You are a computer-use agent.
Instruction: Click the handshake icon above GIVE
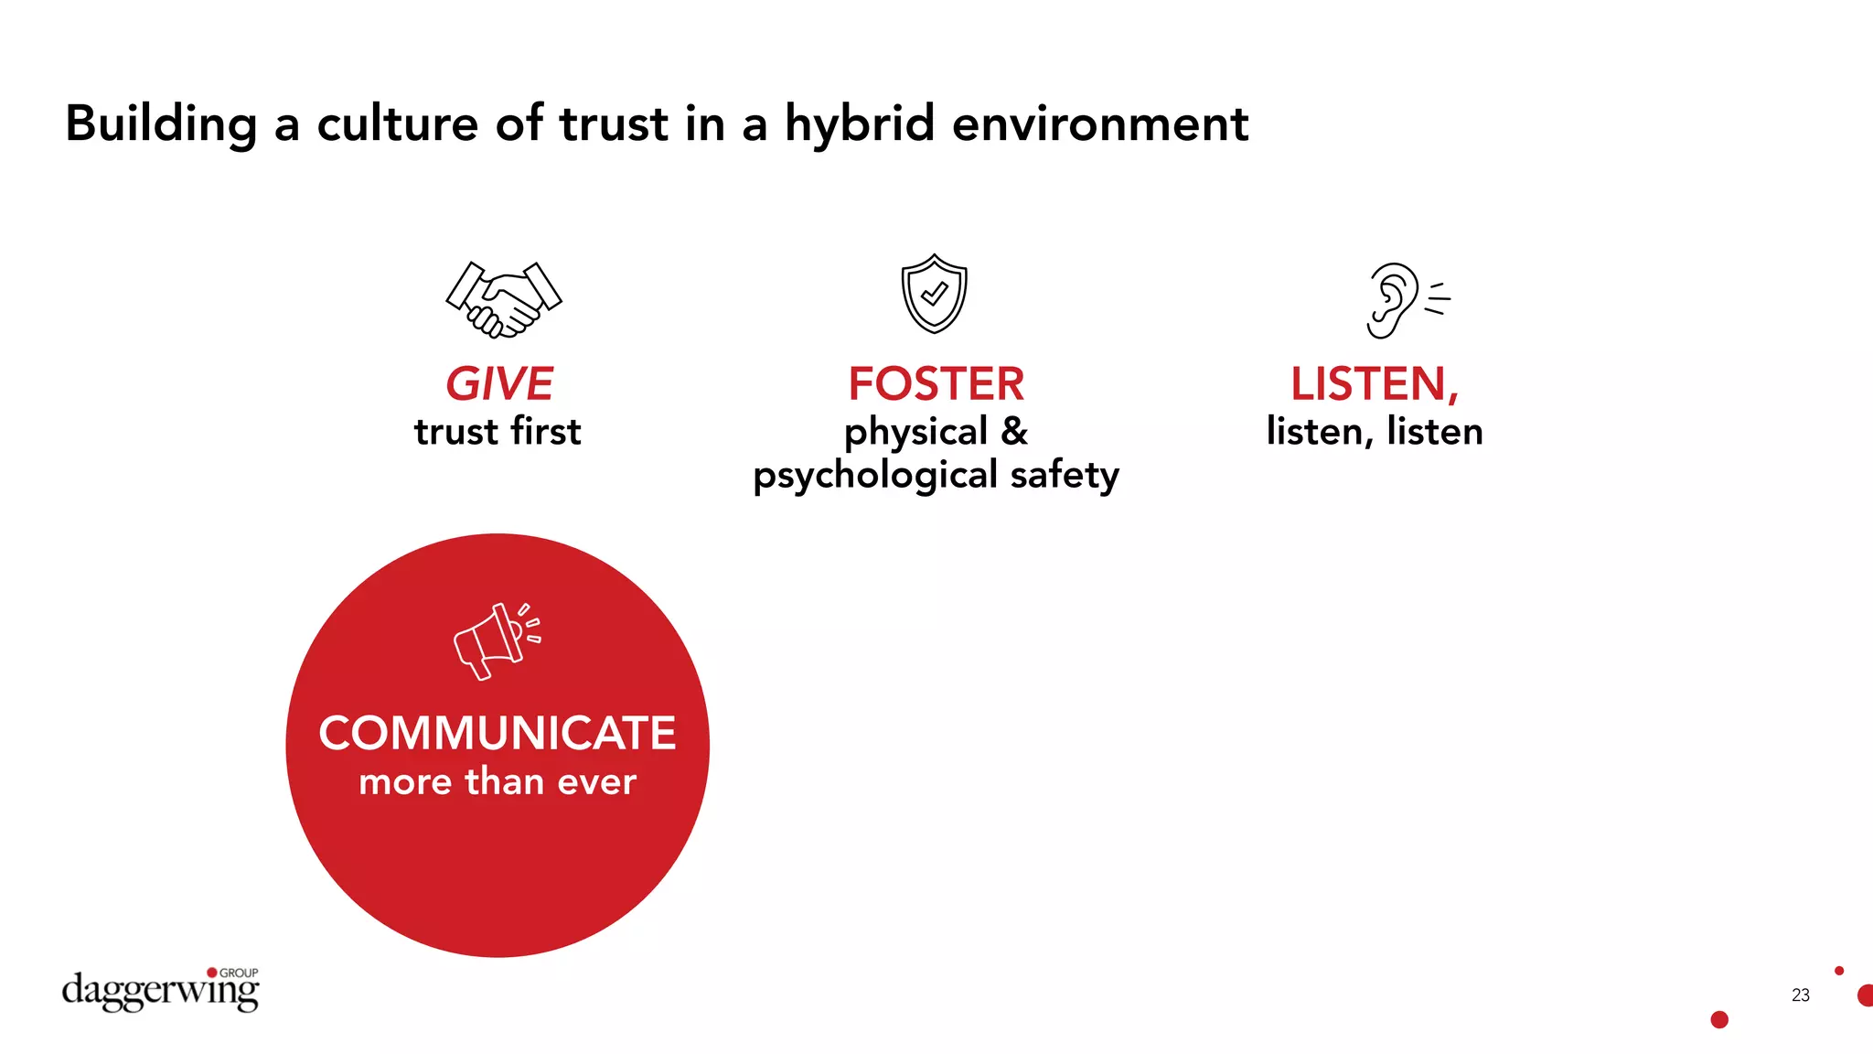point(503,299)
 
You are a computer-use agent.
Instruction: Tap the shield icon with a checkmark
point(934,294)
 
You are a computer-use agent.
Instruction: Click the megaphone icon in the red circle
point(497,640)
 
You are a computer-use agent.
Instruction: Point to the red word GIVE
point(499,384)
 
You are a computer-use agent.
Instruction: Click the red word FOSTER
point(936,384)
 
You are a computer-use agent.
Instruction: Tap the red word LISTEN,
point(1374,384)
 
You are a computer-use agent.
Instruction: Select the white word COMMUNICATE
point(498,733)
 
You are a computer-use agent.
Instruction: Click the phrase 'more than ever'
point(498,782)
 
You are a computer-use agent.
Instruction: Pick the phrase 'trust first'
point(498,432)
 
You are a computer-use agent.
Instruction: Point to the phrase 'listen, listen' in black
point(1374,432)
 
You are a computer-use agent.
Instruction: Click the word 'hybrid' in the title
point(860,124)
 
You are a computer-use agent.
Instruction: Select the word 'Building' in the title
point(161,124)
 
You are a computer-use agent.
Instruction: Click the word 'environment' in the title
point(1099,124)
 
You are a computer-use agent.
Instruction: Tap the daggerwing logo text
point(160,992)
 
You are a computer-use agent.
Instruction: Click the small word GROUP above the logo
point(239,973)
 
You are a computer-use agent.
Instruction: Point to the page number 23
point(1800,995)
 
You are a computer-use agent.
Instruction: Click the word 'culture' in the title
point(397,124)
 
